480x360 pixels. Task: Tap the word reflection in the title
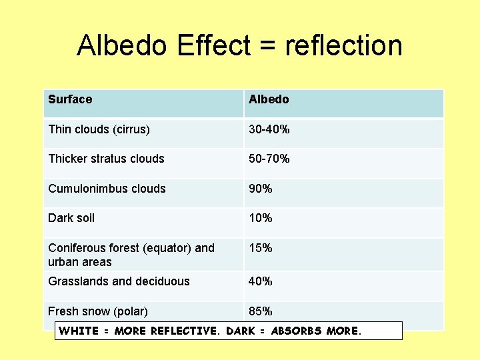[343, 45]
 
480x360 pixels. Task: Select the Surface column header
[70, 99]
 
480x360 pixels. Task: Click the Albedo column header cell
[269, 99]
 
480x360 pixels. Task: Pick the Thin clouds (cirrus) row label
[99, 129]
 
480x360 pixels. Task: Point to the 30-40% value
[269, 129]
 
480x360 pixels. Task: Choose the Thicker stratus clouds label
[106, 159]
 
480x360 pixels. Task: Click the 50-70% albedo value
[269, 159]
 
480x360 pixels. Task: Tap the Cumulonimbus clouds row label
[107, 189]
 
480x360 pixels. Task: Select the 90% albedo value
[261, 189]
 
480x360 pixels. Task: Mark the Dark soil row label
[71, 218]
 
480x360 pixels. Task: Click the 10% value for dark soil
[261, 218]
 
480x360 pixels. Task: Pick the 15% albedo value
[261, 248]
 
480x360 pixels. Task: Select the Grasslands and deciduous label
[119, 281]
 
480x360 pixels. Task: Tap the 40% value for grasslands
[261, 281]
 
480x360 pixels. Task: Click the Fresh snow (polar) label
[98, 311]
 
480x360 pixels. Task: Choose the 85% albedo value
[261, 311]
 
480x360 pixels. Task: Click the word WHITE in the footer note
[79, 331]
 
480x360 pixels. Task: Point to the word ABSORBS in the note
[297, 331]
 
